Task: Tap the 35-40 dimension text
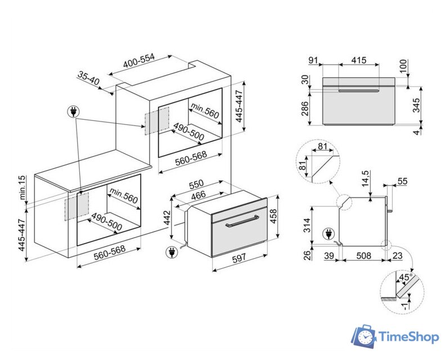tap(88, 78)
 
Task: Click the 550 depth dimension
tap(196, 184)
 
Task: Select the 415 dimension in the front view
tap(359, 60)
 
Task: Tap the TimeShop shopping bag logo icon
tap(363, 336)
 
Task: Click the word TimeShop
tap(408, 337)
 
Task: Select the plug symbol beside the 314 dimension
tap(327, 232)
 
